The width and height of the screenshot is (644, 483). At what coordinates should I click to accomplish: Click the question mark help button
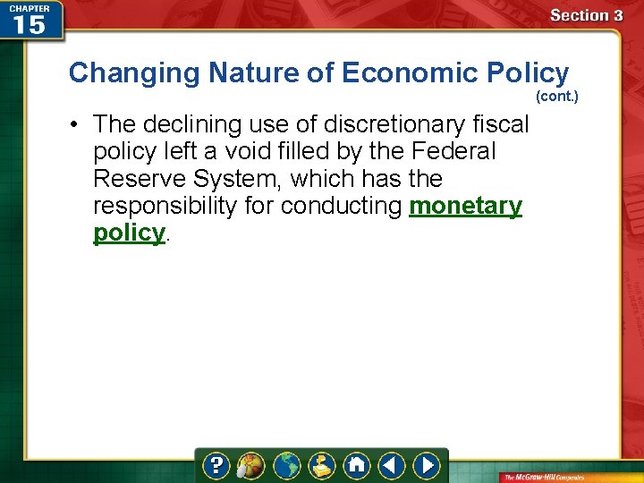click(x=216, y=465)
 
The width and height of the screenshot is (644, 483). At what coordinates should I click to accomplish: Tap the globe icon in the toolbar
click(x=288, y=465)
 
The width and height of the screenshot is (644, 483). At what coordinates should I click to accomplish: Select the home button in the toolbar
click(x=357, y=465)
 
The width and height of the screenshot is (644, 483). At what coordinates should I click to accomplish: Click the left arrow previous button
click(x=391, y=465)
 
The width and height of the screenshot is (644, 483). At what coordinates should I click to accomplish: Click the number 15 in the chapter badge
click(x=29, y=25)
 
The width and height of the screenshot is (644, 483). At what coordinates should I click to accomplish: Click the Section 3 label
click(x=586, y=15)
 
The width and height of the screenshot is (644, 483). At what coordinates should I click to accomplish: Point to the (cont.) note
click(x=556, y=95)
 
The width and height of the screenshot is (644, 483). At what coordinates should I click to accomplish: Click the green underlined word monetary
click(x=465, y=206)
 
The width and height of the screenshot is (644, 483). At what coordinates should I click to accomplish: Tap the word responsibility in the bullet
click(x=182, y=206)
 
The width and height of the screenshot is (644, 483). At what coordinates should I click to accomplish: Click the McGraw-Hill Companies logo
click(x=567, y=476)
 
